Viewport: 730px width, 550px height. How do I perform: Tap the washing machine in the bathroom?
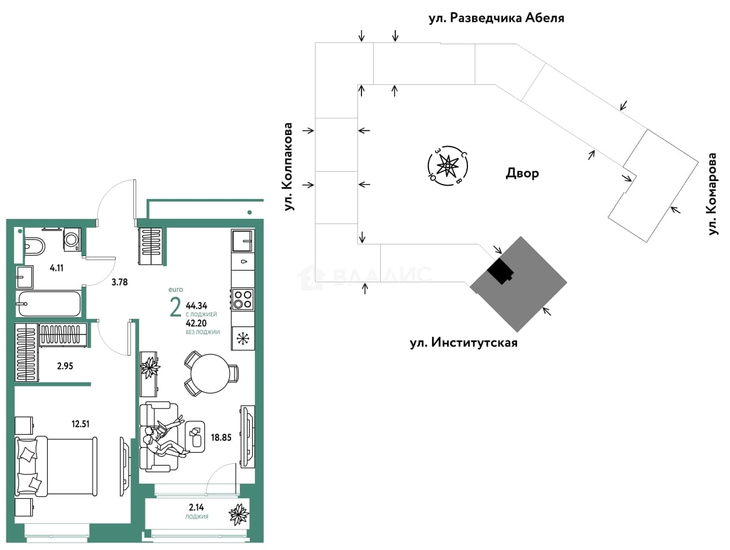tap(72, 239)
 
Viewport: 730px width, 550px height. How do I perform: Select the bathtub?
tap(49, 303)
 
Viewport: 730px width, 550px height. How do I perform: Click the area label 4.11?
tap(56, 268)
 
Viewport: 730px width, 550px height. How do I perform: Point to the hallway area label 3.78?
tap(119, 282)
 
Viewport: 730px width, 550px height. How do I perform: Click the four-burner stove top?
tap(243, 299)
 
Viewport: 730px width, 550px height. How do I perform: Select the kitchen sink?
tap(242, 241)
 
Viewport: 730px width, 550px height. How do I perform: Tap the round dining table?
tap(211, 373)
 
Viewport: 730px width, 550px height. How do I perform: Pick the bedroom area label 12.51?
tap(80, 424)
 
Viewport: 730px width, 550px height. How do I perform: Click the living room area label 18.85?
tap(221, 437)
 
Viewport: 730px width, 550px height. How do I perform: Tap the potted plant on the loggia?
tap(239, 514)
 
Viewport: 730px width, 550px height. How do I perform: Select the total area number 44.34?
tap(196, 305)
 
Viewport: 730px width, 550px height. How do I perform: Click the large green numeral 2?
tap(175, 307)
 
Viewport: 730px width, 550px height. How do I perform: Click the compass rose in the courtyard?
tap(448, 165)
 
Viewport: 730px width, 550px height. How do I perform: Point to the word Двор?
tap(522, 173)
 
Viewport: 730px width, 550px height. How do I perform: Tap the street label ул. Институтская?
tap(463, 343)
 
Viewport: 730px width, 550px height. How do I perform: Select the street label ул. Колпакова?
tap(288, 166)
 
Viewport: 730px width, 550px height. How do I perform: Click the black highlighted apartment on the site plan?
tap(501, 271)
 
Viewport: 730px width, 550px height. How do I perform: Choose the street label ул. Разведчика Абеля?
tap(496, 18)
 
